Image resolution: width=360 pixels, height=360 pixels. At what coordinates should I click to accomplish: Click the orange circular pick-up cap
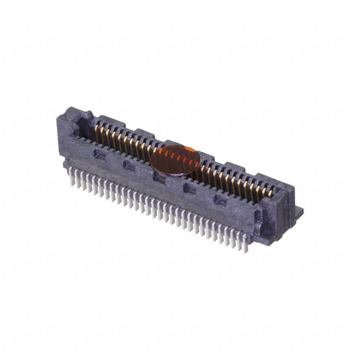[x=175, y=160]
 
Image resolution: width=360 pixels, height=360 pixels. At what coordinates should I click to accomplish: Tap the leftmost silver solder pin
[x=70, y=177]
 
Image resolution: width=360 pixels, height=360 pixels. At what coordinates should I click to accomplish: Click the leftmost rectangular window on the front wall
[x=100, y=153]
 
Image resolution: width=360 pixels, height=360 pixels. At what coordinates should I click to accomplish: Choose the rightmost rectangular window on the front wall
[x=220, y=200]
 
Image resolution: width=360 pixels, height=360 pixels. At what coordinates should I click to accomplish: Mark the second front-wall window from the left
[x=129, y=165]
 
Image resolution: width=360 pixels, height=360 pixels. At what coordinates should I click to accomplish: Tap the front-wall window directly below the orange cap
[x=159, y=177]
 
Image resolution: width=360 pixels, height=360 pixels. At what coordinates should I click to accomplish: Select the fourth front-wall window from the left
[x=189, y=188]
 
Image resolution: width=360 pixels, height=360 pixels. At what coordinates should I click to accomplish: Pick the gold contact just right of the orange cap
[x=204, y=170]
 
